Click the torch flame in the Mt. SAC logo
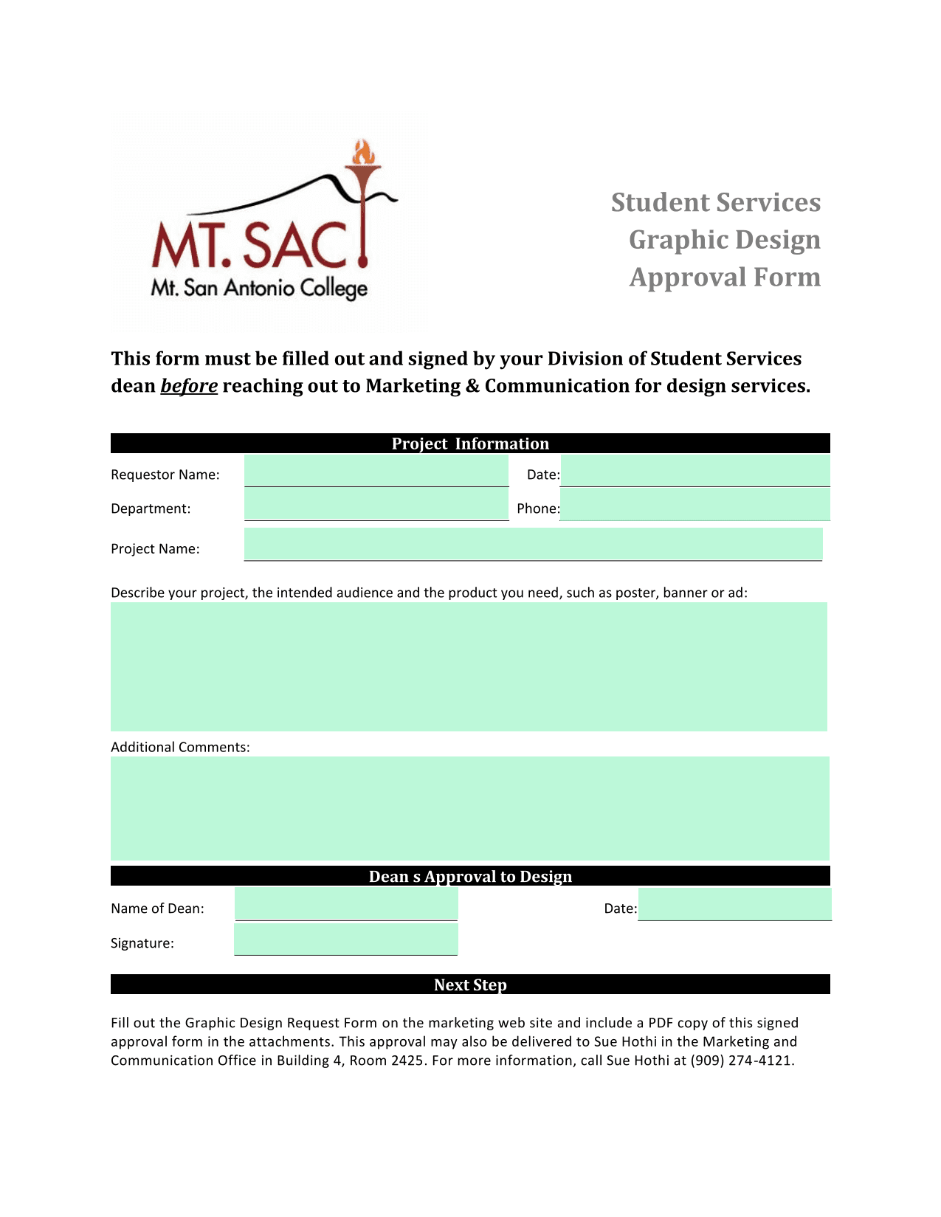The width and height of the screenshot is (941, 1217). coord(363,153)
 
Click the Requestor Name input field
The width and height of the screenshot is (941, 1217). coord(376,471)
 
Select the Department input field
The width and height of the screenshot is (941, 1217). coord(376,505)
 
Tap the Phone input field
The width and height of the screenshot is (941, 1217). coord(694,505)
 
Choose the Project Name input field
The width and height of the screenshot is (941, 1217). coord(533,544)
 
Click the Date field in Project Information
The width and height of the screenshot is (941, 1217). coord(694,471)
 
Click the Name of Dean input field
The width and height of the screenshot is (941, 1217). coord(346,904)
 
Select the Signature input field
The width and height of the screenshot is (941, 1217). coord(346,940)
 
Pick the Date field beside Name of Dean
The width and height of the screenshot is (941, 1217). coord(734,904)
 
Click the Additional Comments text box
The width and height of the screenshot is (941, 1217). coord(469,808)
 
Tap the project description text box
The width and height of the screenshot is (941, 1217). coord(469,666)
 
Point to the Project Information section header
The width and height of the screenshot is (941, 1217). coord(470,444)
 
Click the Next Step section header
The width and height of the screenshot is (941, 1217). coord(470,985)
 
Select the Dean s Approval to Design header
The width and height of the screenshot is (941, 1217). coord(470,876)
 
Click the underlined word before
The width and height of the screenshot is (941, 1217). coord(189,386)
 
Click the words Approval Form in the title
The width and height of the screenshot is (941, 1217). coord(725,277)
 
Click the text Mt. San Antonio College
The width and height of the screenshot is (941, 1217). coord(259,288)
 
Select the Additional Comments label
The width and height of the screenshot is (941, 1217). coord(180,747)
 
